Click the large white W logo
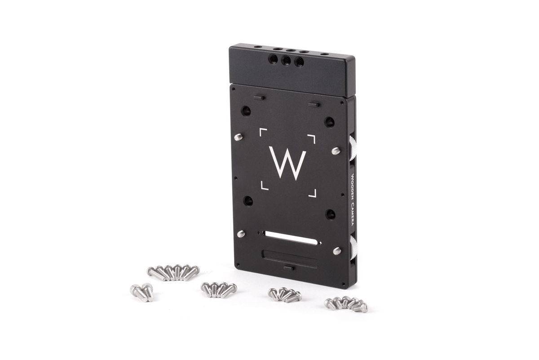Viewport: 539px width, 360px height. pos(287,163)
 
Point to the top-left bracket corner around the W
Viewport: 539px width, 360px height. pos(263,132)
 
